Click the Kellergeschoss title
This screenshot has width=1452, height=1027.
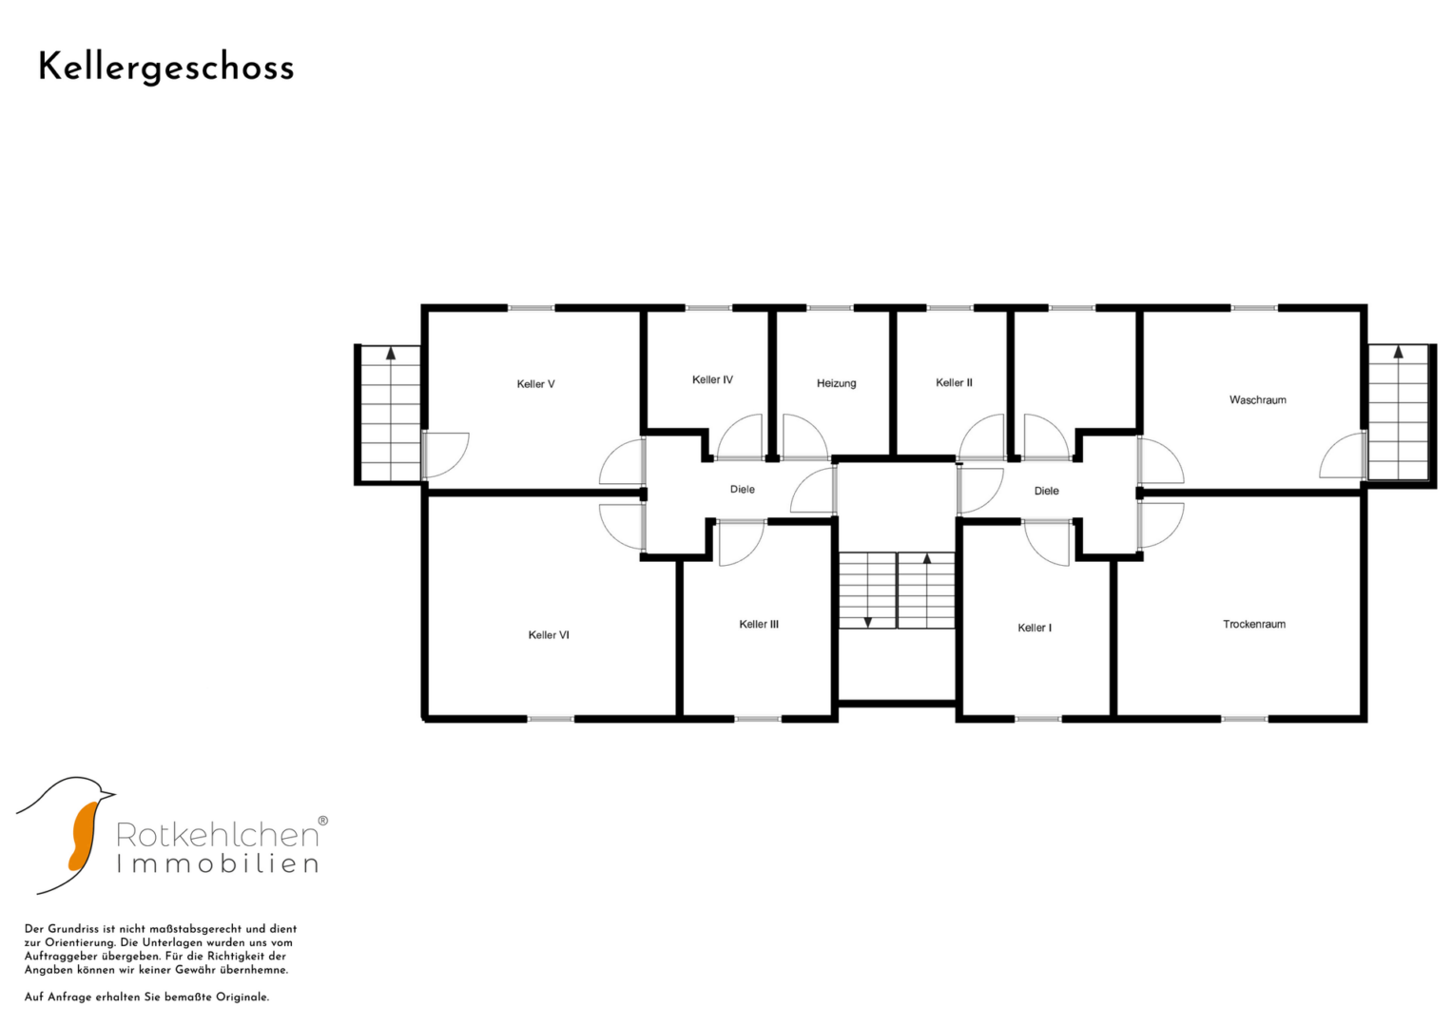tap(166, 68)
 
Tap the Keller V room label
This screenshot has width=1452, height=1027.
tap(535, 384)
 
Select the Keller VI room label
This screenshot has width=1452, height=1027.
tap(549, 635)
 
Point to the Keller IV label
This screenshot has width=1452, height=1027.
tap(712, 379)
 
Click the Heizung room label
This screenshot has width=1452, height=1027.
tap(836, 383)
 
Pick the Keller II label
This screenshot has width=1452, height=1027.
tap(954, 382)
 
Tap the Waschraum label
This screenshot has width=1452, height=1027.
tap(1257, 400)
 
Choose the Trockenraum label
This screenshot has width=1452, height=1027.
tap(1254, 625)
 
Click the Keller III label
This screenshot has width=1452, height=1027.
tap(759, 625)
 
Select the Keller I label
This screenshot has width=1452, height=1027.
tap(1035, 628)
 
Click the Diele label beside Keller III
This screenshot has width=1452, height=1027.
tap(743, 490)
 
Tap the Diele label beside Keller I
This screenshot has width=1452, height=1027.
tap(1046, 491)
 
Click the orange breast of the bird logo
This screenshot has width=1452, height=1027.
tap(83, 836)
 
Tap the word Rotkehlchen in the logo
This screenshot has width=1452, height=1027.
tap(217, 835)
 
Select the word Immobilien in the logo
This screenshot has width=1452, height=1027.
tap(218, 863)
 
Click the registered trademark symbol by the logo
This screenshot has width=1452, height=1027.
tap(322, 821)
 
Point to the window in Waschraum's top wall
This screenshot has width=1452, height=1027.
tap(1254, 308)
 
